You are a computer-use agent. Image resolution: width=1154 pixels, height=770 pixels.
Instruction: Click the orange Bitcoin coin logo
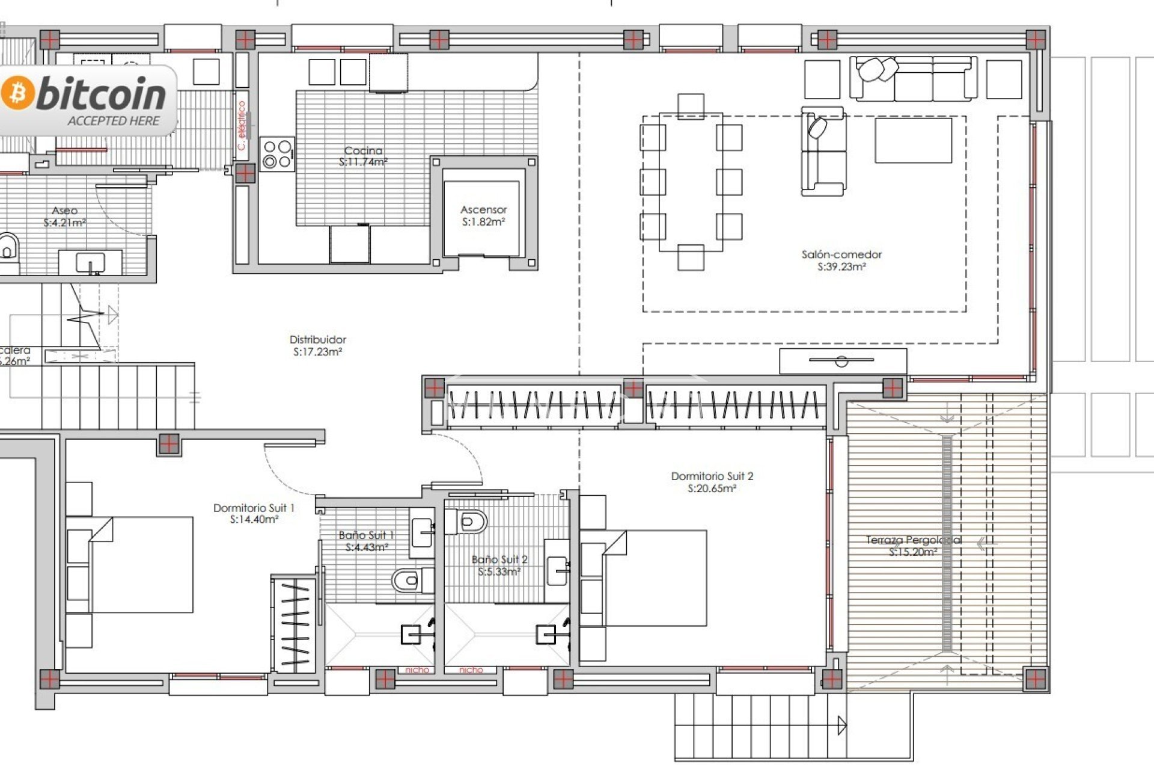click(17, 93)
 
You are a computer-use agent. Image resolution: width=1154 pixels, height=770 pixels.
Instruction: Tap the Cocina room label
click(363, 156)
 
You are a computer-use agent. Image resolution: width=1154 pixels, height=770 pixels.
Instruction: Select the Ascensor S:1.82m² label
click(483, 215)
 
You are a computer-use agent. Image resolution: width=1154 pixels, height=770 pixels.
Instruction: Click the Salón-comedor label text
click(841, 260)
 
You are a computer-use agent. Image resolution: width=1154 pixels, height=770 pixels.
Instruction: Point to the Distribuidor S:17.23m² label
click(317, 346)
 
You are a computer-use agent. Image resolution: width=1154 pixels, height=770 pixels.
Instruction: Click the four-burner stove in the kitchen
click(277, 154)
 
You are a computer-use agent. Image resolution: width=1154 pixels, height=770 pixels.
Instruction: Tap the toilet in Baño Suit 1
click(408, 581)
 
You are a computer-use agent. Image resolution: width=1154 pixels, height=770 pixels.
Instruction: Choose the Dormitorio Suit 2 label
click(712, 482)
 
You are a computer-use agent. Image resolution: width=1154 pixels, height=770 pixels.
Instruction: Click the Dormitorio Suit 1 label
click(254, 513)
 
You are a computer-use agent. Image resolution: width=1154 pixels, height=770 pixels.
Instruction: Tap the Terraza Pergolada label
click(912, 546)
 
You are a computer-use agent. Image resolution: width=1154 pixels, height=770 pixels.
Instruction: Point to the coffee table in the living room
click(912, 140)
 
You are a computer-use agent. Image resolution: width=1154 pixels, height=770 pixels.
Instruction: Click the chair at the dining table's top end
click(691, 106)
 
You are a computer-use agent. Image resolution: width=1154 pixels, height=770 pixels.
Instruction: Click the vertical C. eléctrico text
click(242, 125)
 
